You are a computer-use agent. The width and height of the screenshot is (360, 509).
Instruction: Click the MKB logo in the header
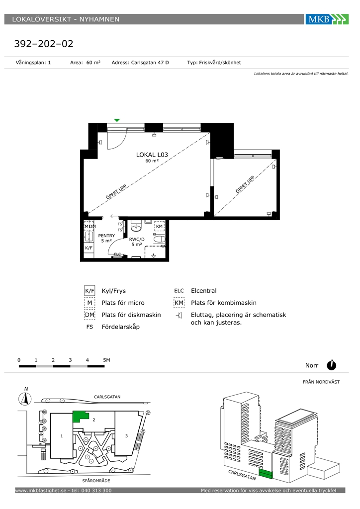pos(327,19)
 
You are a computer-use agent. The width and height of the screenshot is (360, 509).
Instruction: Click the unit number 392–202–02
pos(44,44)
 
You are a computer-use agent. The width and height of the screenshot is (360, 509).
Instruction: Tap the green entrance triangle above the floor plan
pos(117,120)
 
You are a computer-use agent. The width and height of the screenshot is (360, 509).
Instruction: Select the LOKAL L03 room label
pos(152,155)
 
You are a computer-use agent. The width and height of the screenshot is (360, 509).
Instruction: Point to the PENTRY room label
pos(106,236)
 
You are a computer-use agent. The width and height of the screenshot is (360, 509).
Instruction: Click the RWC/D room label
pos(137,239)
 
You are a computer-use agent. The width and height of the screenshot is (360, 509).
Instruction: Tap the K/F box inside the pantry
pos(89,248)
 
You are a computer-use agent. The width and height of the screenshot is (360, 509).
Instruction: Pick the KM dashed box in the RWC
pos(159,226)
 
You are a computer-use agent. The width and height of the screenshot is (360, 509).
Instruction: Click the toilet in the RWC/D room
pos(159,240)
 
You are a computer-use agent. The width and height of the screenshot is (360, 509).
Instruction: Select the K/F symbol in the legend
pos(90,291)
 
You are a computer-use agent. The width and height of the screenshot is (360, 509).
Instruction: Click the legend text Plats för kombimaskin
pos(224,303)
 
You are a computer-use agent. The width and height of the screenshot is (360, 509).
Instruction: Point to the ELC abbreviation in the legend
pos(179,291)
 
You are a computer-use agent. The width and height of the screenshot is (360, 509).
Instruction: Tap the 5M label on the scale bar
pos(106,360)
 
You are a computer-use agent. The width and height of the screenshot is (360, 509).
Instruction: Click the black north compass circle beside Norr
pos(332,365)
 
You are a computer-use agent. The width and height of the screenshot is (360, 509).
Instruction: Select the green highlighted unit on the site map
pos(79,416)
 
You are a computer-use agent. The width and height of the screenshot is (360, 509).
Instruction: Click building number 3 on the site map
pos(127,436)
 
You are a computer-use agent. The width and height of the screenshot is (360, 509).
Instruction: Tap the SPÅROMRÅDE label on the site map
pos(96,481)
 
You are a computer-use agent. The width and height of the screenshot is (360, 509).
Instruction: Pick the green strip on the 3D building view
pos(266,474)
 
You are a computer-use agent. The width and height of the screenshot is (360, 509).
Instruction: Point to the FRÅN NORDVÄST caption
pos(321,382)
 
